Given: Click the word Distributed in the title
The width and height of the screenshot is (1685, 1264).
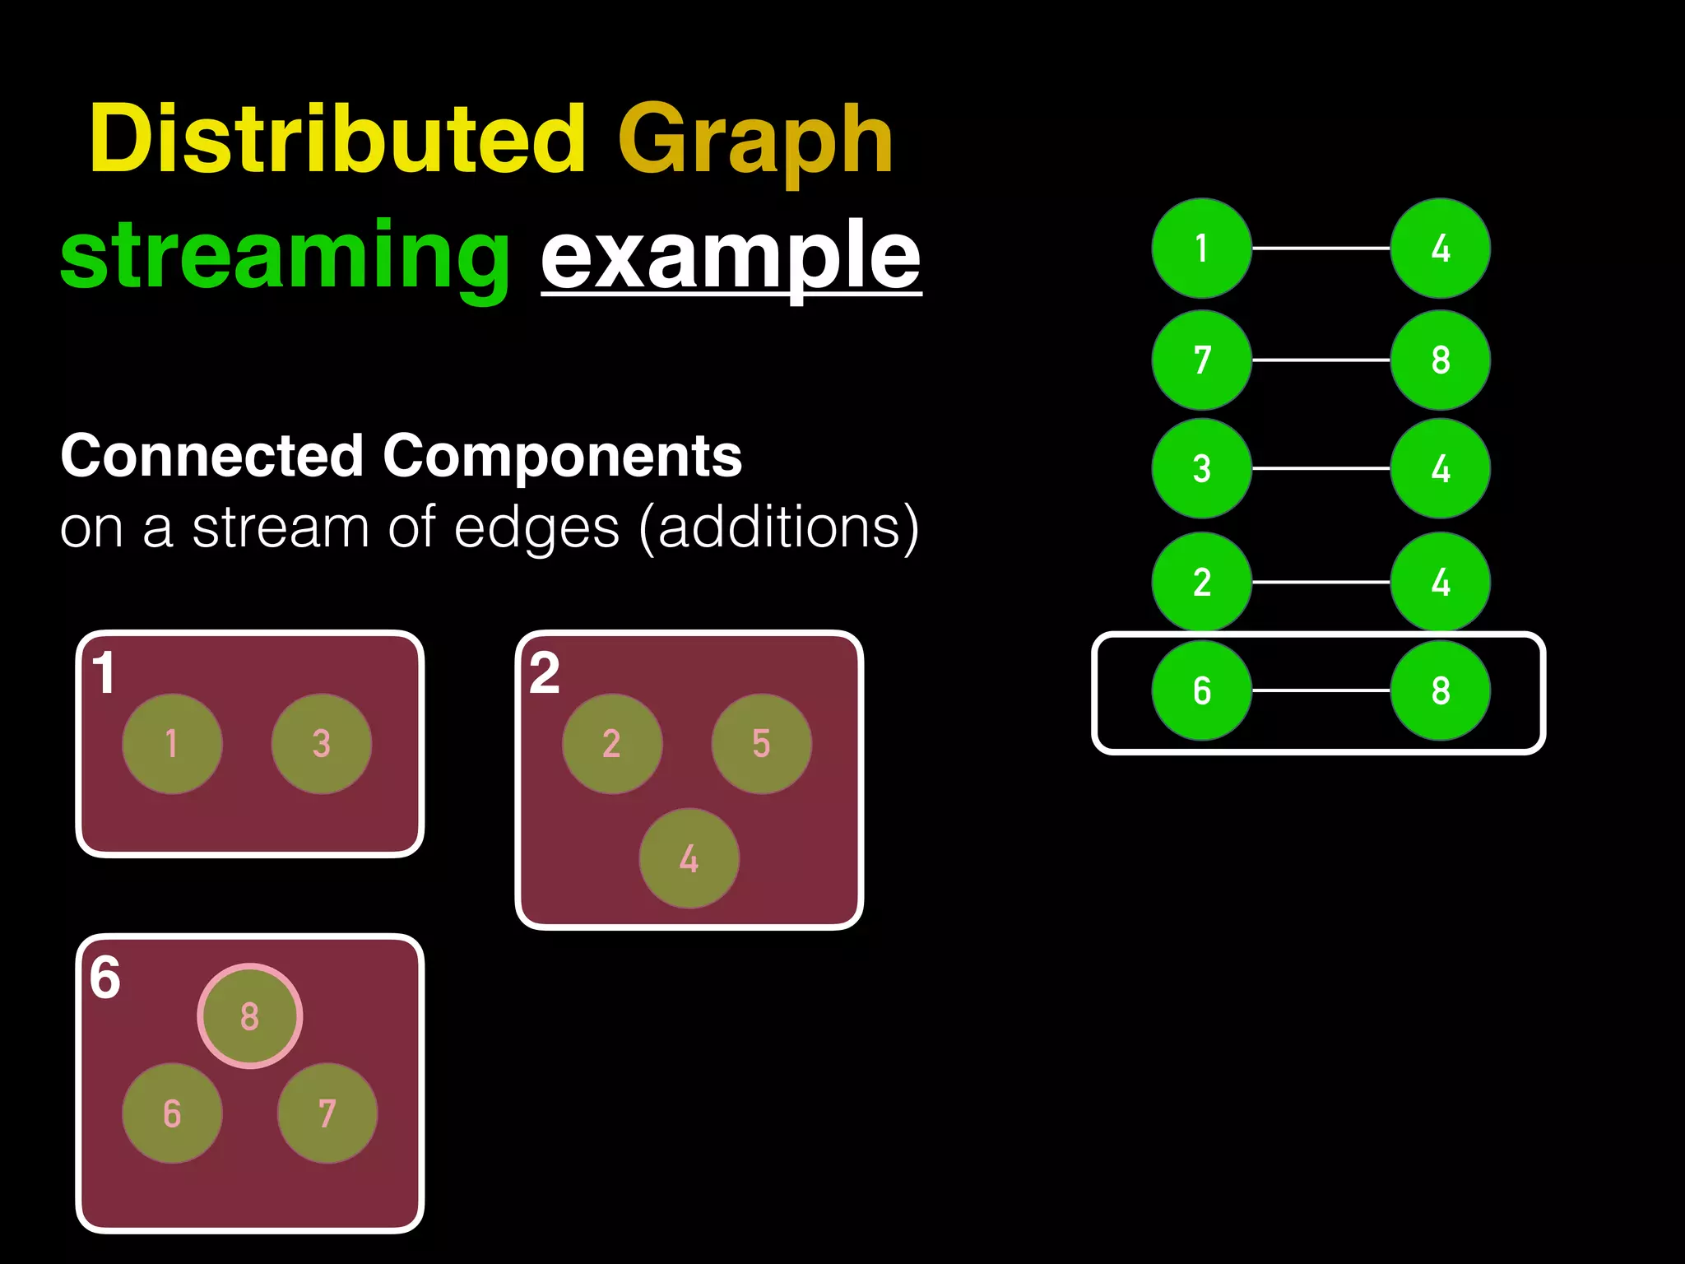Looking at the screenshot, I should (x=337, y=140).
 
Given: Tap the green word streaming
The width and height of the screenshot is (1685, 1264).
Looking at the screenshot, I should (x=285, y=257).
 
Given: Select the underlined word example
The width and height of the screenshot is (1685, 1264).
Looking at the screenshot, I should (x=730, y=257).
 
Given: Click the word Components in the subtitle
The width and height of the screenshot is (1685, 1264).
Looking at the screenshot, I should (x=562, y=457).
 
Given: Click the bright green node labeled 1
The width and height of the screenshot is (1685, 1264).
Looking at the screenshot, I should (x=1201, y=248).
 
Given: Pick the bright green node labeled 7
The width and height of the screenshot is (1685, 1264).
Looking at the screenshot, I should (x=1201, y=360).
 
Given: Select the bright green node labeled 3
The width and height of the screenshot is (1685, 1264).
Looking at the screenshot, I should (x=1201, y=468).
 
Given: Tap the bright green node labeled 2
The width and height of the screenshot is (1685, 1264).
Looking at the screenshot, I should (x=1201, y=582).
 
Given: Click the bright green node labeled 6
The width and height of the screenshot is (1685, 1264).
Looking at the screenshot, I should (x=1201, y=690).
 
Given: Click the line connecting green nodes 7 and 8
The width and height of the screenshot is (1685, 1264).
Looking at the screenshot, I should (x=1321, y=360).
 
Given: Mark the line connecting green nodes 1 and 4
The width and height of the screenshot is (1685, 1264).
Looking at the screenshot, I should (x=1321, y=248).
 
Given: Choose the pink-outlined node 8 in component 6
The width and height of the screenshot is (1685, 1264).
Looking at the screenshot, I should (x=250, y=1016).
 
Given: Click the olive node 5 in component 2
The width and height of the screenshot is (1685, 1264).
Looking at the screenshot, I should (x=761, y=743).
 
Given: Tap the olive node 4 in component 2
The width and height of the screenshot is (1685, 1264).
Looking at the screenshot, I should (x=689, y=858).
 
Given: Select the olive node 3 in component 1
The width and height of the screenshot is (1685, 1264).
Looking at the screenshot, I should (x=321, y=743).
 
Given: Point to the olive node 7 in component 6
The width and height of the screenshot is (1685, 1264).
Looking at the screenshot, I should (x=327, y=1113).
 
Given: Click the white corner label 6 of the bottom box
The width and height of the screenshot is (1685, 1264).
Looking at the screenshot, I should (x=105, y=978).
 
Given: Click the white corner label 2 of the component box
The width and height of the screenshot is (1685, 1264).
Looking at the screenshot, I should (x=545, y=674).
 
